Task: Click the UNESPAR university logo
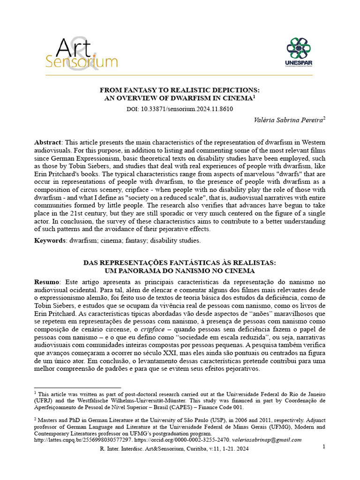pyautogui.click(x=299, y=52)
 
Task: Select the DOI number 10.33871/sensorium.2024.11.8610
pyautogui.click(x=187, y=109)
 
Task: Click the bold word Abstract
pyautogui.click(x=48, y=142)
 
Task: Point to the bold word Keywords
pyautogui.click(x=51, y=240)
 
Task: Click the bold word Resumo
pyautogui.click(x=47, y=282)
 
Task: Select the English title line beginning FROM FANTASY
pyautogui.click(x=180, y=90)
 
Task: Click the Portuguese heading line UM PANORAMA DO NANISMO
pyautogui.click(x=180, y=271)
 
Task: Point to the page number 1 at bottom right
pyautogui.click(x=324, y=447)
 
